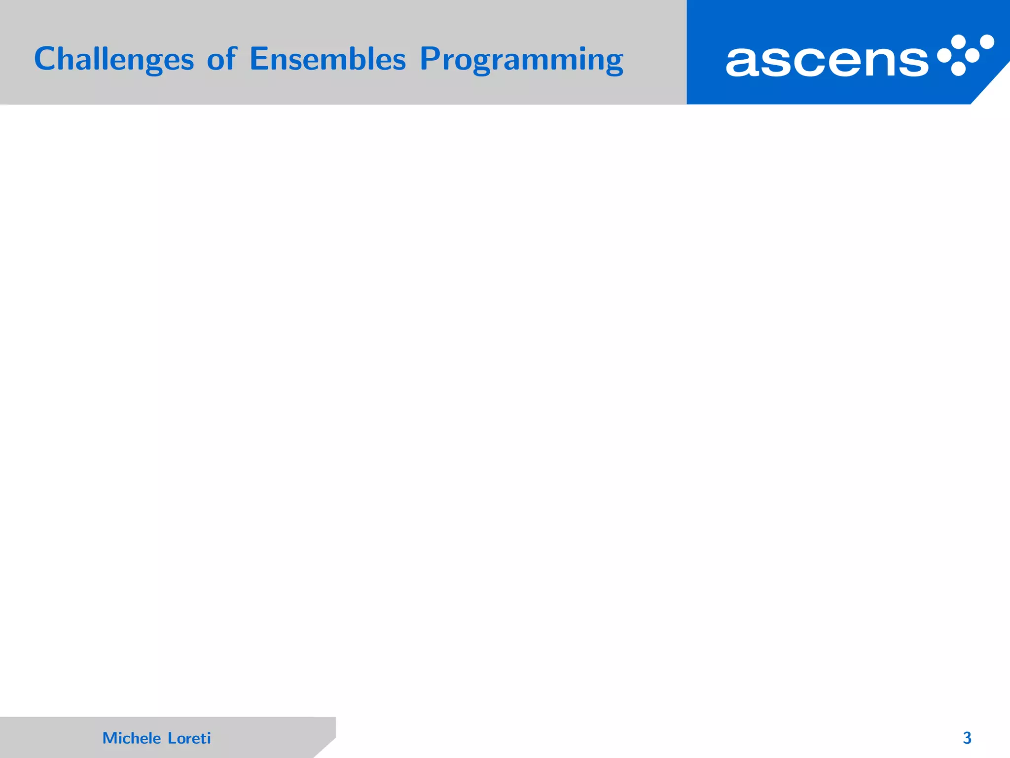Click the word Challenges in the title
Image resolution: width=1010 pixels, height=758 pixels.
click(x=114, y=59)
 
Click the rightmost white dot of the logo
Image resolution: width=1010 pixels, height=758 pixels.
click(x=987, y=41)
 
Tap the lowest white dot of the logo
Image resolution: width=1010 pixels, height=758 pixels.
click(x=958, y=69)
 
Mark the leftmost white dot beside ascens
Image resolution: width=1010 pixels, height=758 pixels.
click(x=943, y=56)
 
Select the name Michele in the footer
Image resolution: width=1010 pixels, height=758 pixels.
click(x=132, y=738)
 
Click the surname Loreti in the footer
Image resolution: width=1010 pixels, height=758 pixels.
click(x=189, y=738)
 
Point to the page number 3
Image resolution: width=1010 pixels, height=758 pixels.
click(x=967, y=738)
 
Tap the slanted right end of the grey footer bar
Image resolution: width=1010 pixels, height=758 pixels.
click(x=325, y=743)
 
